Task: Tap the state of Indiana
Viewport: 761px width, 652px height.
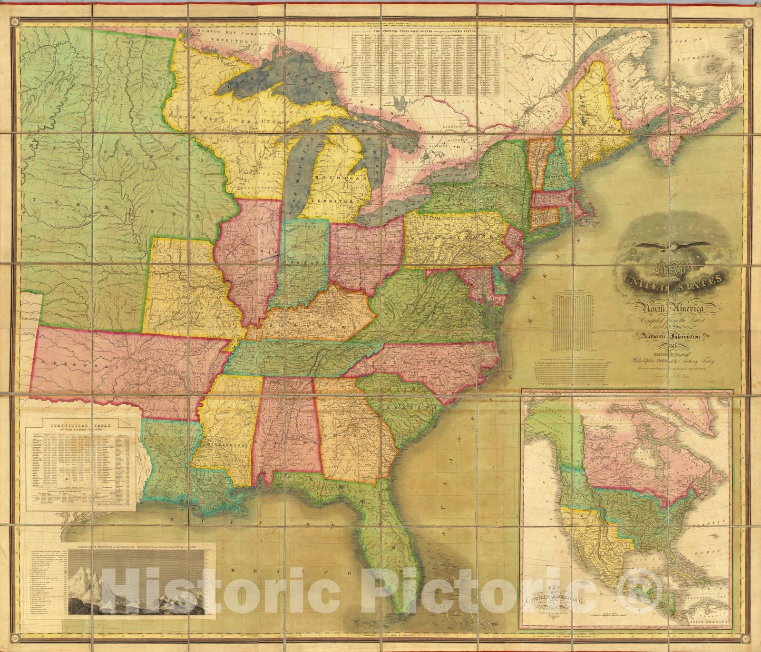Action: pos(304,262)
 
